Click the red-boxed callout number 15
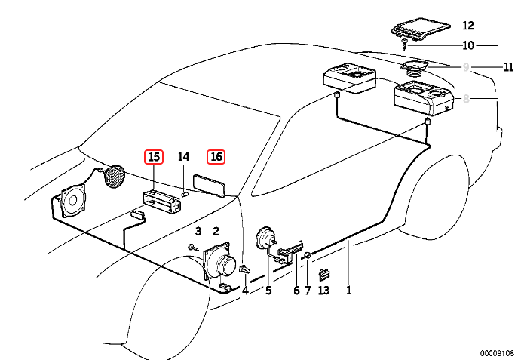tap(154, 157)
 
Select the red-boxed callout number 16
tap(216, 157)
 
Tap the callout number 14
tap(184, 157)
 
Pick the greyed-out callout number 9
tap(467, 67)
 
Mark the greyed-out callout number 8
tap(467, 98)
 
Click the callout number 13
tap(323, 290)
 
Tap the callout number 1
tap(348, 290)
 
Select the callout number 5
tap(268, 290)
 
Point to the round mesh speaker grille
tap(113, 179)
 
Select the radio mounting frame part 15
tap(163, 202)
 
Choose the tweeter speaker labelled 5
tap(265, 239)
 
